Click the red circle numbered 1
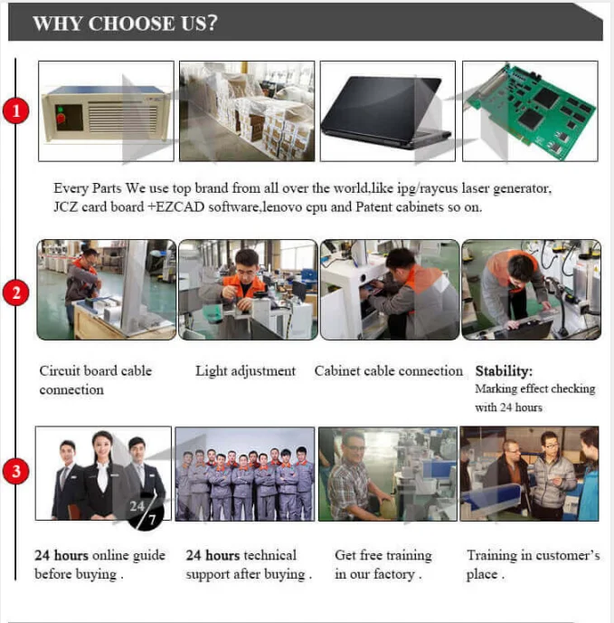pyautogui.click(x=16, y=110)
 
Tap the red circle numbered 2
pyautogui.click(x=16, y=292)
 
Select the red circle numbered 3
pyautogui.click(x=16, y=472)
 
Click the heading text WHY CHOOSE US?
pyautogui.click(x=125, y=23)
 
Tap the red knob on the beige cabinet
pyautogui.click(x=61, y=118)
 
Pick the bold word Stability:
pyautogui.click(x=504, y=371)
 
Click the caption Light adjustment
pyautogui.click(x=245, y=371)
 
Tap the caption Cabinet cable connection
pyautogui.click(x=389, y=371)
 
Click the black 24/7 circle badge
pyautogui.click(x=145, y=512)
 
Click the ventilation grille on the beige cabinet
pyautogui.click(x=123, y=117)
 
